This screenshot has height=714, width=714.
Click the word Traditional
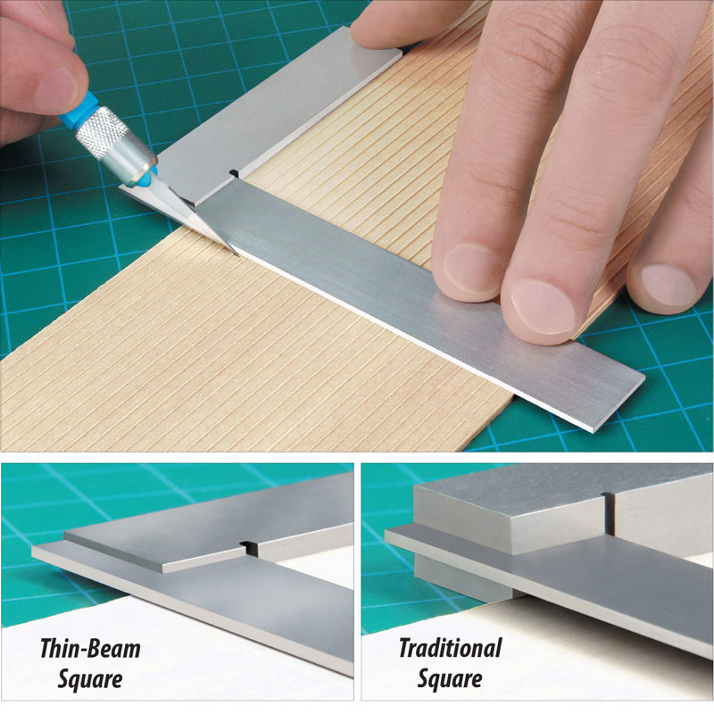pos(450,648)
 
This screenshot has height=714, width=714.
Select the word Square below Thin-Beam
pos(89,679)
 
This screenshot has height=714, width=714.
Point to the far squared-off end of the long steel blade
pos(616,402)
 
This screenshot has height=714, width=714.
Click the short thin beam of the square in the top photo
pos(277,116)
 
